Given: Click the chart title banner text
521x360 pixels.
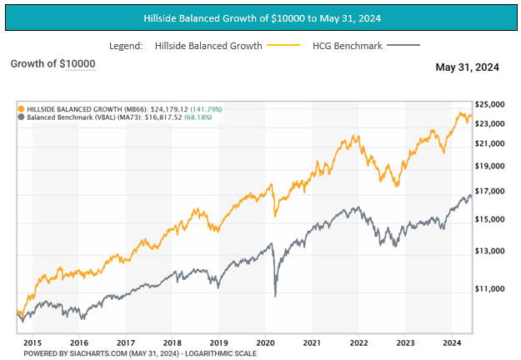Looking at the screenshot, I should (x=260, y=17).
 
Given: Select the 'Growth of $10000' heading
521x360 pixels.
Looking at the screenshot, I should (x=53, y=64).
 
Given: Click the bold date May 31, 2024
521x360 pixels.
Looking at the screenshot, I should (x=467, y=67).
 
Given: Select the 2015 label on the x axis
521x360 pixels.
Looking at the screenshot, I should (x=33, y=342).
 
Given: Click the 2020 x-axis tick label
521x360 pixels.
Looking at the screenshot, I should (x=265, y=342).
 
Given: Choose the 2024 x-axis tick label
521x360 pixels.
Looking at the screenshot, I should (x=452, y=342).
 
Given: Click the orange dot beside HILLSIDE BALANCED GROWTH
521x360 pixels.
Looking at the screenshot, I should (x=22, y=109).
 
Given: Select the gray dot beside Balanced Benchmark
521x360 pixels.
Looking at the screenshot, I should (x=22, y=118).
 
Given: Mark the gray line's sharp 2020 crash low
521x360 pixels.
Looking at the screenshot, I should (x=275, y=295).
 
